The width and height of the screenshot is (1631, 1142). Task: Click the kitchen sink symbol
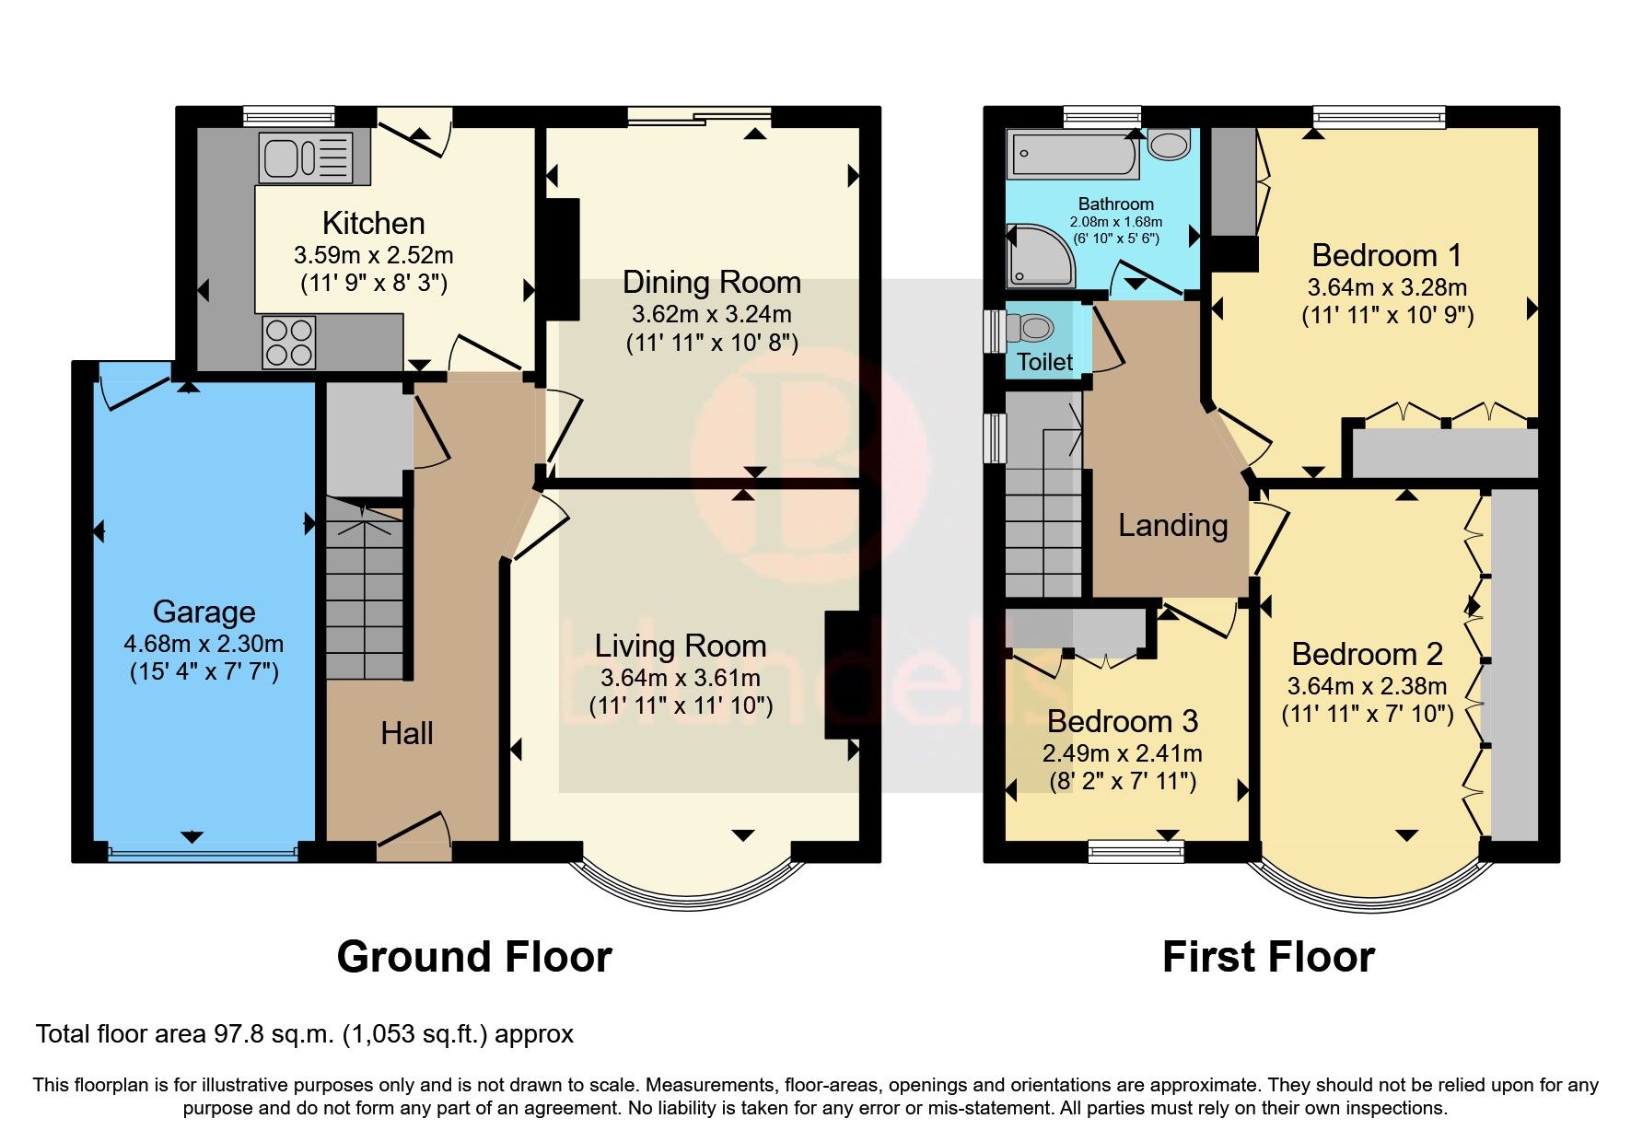click(x=306, y=157)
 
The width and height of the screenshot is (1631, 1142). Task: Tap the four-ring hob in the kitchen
click(x=289, y=342)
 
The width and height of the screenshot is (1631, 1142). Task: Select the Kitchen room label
click(x=373, y=223)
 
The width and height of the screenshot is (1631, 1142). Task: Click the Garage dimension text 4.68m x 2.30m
click(x=204, y=644)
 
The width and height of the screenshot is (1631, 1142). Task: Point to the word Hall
click(x=406, y=733)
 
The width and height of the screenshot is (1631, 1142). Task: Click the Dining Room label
click(x=711, y=282)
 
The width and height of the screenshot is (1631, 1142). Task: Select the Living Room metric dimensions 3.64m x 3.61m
click(x=681, y=679)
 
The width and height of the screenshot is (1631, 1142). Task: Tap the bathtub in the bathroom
click(x=1073, y=155)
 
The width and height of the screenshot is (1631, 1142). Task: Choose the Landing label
click(x=1172, y=525)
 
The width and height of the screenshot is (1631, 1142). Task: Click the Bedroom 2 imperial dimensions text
click(x=1367, y=714)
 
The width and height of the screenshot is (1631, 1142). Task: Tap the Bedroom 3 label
click(x=1122, y=721)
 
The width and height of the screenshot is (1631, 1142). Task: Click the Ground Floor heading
click(x=474, y=957)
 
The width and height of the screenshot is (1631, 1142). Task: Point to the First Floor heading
click(x=1268, y=957)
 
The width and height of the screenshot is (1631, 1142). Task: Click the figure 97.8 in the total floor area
click(x=235, y=1034)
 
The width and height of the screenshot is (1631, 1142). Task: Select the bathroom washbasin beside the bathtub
click(x=1170, y=145)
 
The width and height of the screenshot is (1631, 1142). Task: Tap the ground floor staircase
click(x=365, y=589)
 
